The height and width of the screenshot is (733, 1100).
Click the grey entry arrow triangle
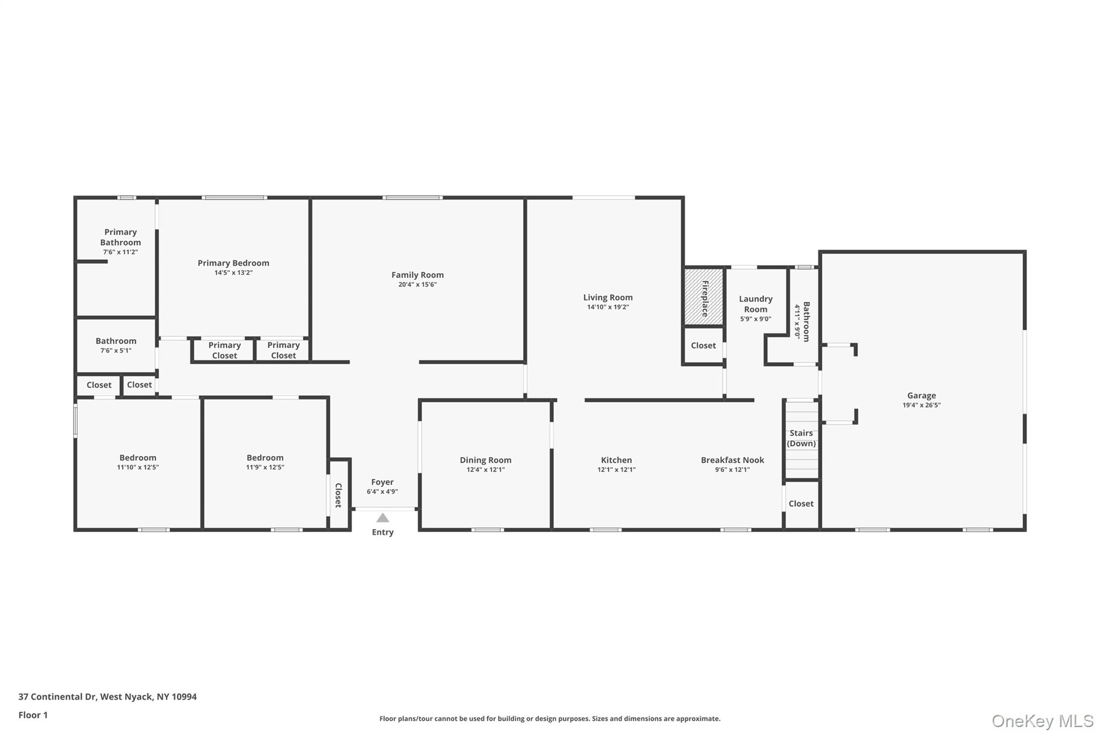(x=382, y=518)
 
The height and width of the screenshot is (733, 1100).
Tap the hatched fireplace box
(x=704, y=297)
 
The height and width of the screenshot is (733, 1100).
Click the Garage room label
(x=922, y=395)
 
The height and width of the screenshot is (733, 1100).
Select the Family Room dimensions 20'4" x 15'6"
(x=417, y=285)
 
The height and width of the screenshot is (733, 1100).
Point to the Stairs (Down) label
(x=801, y=438)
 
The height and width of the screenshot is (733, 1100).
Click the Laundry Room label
(x=756, y=304)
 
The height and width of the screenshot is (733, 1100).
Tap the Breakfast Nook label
(x=733, y=460)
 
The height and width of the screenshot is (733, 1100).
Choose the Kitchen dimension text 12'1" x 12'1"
(x=617, y=469)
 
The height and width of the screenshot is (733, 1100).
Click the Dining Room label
(x=486, y=460)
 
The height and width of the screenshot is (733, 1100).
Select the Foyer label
(x=382, y=482)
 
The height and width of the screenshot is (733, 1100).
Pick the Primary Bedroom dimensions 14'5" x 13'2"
(x=234, y=272)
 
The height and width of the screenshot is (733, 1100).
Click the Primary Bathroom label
(x=120, y=237)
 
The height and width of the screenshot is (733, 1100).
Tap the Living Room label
(x=608, y=297)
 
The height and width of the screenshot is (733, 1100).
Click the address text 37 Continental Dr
(x=57, y=696)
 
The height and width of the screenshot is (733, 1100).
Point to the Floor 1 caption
(x=33, y=715)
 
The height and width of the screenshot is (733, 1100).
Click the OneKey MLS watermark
(x=1043, y=721)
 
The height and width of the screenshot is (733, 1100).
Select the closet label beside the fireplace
(x=704, y=345)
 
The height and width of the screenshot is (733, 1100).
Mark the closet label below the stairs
(x=801, y=503)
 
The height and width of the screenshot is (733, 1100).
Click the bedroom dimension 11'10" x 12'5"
(x=138, y=467)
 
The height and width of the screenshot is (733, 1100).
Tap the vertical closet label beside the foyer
(x=338, y=495)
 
